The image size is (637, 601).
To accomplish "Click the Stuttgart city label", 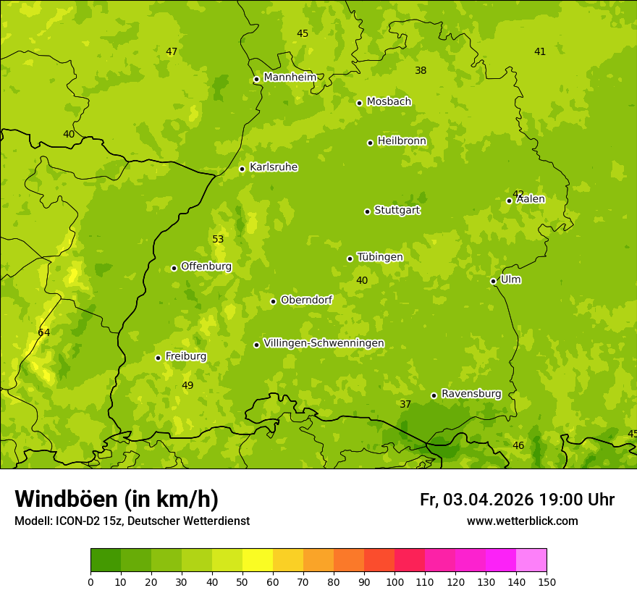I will tap(397, 210).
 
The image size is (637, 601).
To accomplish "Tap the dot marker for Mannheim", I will tap(256, 80).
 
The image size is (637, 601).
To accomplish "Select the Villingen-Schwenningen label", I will tap(324, 343).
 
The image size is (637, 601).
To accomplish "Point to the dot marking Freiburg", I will tap(158, 358).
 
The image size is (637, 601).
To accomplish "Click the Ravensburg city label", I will tap(471, 394).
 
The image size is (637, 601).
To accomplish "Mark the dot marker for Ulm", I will tap(493, 281).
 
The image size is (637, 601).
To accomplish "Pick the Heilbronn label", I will tap(402, 141).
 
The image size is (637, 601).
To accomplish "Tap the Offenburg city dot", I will tap(174, 268).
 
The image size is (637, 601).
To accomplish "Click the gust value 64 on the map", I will tap(44, 332).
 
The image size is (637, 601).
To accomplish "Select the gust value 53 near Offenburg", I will tap(218, 239).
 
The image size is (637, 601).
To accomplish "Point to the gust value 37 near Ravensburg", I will tap(405, 404).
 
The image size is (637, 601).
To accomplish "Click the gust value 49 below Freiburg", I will tap(187, 385).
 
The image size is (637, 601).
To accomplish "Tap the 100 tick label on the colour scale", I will tap(395, 581).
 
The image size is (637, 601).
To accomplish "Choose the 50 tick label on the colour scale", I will tap(242, 581).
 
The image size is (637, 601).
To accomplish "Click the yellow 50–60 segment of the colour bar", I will tap(258, 560).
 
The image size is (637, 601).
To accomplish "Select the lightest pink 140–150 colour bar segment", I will tap(531, 560).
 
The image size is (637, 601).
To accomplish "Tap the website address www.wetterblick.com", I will tap(522, 521).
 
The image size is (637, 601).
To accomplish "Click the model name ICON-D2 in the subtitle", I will tap(76, 521).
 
